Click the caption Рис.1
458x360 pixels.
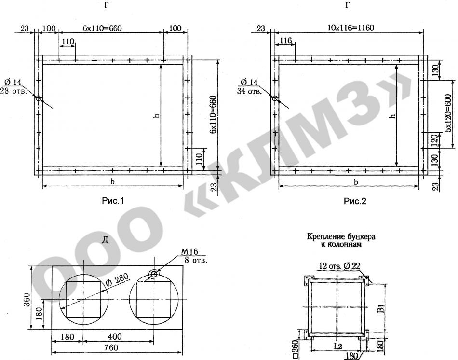(x=113, y=201)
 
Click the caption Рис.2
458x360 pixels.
(x=355, y=201)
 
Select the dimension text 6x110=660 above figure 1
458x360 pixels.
(x=102, y=28)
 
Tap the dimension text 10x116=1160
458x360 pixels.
(x=351, y=28)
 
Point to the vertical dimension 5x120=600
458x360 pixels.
(x=449, y=113)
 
